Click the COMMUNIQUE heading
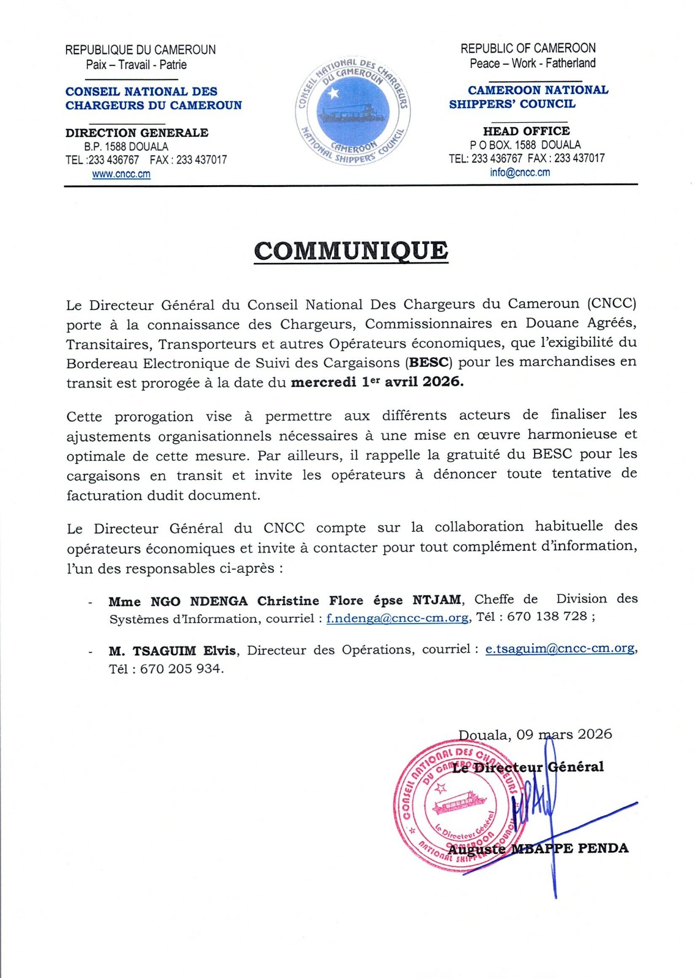[350, 251]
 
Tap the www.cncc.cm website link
[121, 174]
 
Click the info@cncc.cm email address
[519, 172]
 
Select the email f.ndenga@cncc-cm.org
[398, 618]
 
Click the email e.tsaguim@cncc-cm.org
[560, 649]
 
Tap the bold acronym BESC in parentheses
[429, 362]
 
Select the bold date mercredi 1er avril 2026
[377, 383]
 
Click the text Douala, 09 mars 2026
[535, 734]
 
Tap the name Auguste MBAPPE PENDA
[538, 848]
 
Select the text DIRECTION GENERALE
[137, 133]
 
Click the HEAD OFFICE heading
[526, 131]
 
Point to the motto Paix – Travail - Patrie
[136, 65]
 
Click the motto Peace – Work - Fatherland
[532, 63]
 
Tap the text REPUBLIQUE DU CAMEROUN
[140, 50]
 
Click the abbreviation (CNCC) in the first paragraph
[612, 304]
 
